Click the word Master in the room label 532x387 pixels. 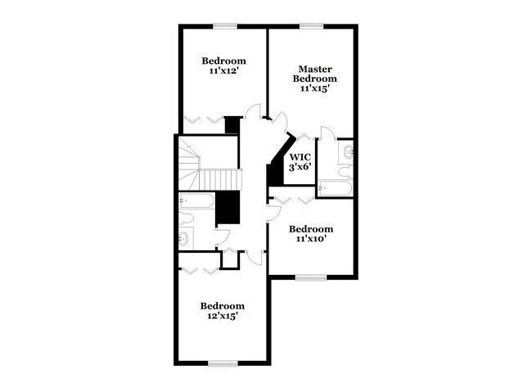point(314,69)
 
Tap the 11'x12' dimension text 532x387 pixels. point(223,71)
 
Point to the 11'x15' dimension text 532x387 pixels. point(314,88)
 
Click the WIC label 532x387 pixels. point(300,155)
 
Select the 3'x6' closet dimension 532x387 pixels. point(300,166)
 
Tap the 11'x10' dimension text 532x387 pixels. point(311,240)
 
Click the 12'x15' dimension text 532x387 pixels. point(223,316)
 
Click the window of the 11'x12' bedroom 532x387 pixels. point(225,25)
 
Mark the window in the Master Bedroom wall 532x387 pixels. point(311,25)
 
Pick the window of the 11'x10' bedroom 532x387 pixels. point(311,277)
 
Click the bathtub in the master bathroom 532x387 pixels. point(335,189)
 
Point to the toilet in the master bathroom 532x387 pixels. point(345,171)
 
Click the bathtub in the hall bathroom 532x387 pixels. point(196,200)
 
